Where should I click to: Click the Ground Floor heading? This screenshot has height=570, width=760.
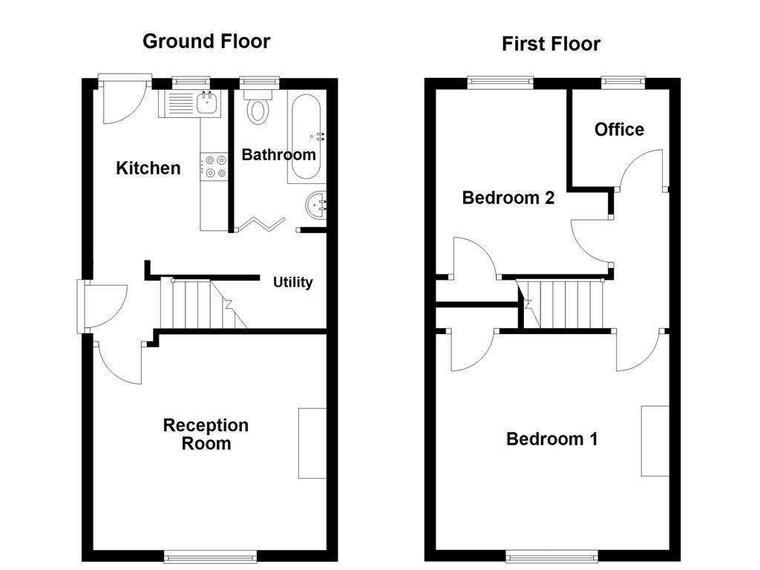tap(206, 41)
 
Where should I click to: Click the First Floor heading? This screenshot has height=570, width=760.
tap(551, 44)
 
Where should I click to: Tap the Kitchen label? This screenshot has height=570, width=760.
tap(148, 168)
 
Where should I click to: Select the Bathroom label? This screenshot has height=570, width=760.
tap(278, 154)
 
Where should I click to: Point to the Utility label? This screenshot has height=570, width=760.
tap(293, 282)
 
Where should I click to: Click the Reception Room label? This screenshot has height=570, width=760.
tap(206, 434)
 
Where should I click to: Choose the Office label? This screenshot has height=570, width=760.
tap(619, 130)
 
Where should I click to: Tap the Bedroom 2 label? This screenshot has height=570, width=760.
tap(508, 197)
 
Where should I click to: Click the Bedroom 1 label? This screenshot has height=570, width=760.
tap(551, 439)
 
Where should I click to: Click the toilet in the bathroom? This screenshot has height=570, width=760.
tap(258, 108)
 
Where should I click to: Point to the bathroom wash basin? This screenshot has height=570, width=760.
tap(316, 204)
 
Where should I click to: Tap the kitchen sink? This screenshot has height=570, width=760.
tap(191, 104)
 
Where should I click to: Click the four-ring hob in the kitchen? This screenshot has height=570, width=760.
tap(214, 166)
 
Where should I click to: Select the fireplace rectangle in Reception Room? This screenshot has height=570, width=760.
tap(312, 443)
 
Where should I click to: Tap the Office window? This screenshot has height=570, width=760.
tap(623, 82)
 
